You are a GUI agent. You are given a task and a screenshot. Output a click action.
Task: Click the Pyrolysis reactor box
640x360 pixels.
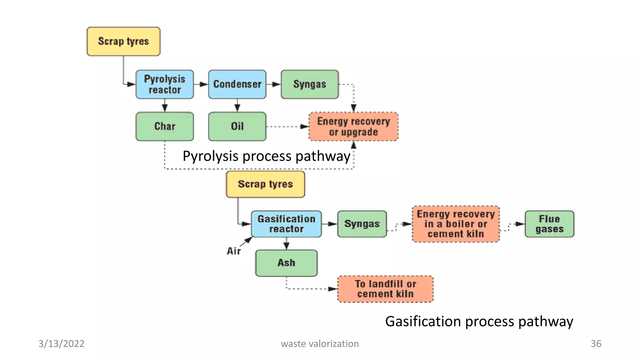coord(165,84)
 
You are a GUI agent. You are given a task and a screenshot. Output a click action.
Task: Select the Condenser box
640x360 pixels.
coord(237,84)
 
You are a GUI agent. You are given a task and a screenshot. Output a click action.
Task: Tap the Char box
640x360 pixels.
coord(165,126)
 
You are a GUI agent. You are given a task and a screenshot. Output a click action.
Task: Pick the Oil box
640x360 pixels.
coord(237,126)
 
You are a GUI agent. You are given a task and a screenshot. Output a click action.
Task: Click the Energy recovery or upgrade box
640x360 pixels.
coord(353,127)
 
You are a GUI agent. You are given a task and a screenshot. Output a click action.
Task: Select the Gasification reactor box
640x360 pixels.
coord(286,224)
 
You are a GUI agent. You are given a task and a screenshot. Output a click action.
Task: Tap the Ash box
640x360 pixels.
coord(286,263)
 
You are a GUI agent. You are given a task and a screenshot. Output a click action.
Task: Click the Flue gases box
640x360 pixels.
coord(549,224)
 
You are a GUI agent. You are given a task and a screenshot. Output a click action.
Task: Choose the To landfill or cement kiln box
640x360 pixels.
coord(385,289)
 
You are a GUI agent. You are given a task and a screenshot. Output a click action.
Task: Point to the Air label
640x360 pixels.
coord(234,251)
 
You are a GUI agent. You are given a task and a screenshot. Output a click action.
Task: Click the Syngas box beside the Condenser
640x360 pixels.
coord(310,84)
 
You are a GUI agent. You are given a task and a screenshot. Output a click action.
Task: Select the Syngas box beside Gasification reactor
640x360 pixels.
coord(362,224)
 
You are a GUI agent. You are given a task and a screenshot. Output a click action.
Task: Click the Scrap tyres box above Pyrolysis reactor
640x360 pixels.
coord(123,41)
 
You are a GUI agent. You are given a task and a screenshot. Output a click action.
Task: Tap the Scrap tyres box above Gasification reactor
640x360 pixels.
coord(265,184)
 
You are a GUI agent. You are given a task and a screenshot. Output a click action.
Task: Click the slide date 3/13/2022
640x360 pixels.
coord(61,344)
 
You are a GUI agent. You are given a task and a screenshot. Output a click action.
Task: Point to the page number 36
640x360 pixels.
coord(596,344)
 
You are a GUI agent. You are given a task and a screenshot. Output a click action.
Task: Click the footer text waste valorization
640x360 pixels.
coord(320,344)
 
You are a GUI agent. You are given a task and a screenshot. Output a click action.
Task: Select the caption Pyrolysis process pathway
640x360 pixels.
coord(266,156)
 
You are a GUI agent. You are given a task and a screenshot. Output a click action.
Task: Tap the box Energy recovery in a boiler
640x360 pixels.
coord(456,224)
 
